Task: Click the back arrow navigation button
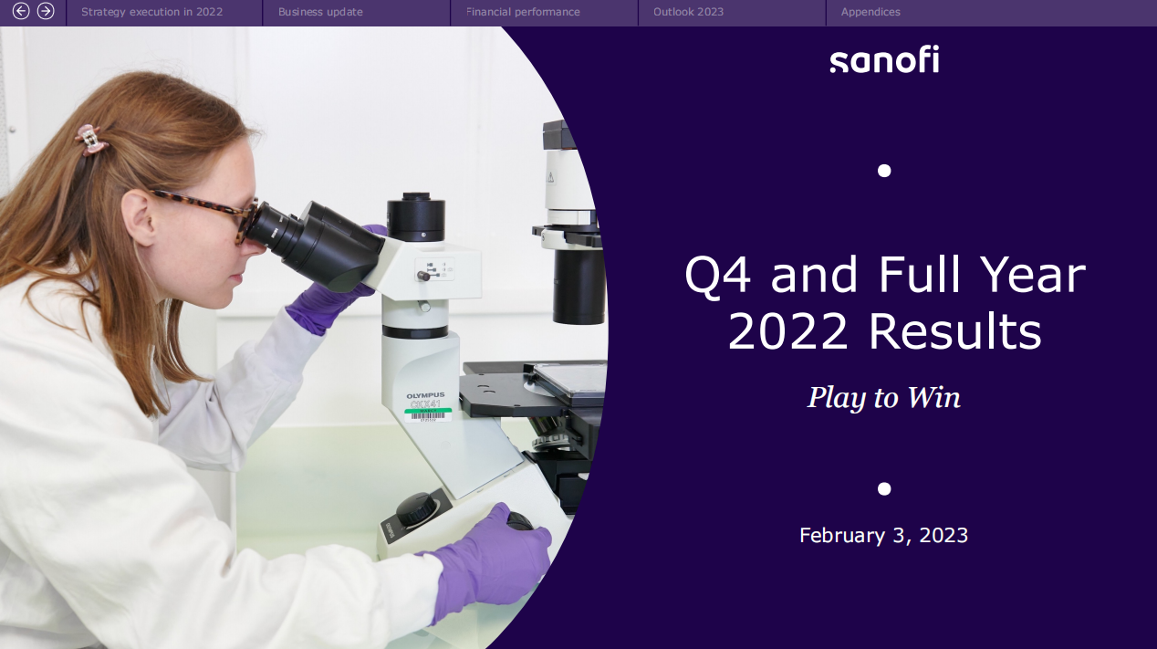pos(21,11)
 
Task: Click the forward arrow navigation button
pos(46,11)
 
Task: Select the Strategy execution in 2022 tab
pos(151,12)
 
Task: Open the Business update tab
pos(320,12)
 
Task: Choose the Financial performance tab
pos(523,12)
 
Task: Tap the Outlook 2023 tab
pos(688,12)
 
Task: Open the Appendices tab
pos(870,12)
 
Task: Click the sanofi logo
pos(884,59)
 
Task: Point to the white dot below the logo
pos(884,171)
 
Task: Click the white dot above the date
pos(884,488)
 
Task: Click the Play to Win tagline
pos(884,398)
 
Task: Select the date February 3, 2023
pos(884,535)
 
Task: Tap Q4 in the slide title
pos(717,276)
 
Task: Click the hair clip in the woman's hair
pos(91,140)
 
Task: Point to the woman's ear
pos(139,217)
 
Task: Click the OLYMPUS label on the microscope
pos(425,396)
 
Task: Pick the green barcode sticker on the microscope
pos(428,414)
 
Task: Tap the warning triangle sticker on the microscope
pos(550,178)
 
